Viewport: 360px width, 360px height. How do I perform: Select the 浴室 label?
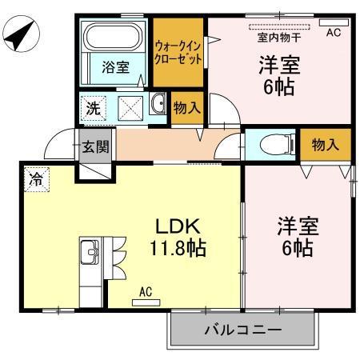coord(115,68)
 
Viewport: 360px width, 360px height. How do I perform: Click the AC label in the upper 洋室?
coord(334,32)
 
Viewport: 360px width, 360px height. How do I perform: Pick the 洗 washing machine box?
coord(94,108)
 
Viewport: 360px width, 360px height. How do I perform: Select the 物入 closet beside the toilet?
coord(325,145)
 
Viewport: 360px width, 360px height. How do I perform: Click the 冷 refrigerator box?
coord(36,178)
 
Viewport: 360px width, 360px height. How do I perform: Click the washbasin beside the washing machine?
coord(157,105)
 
